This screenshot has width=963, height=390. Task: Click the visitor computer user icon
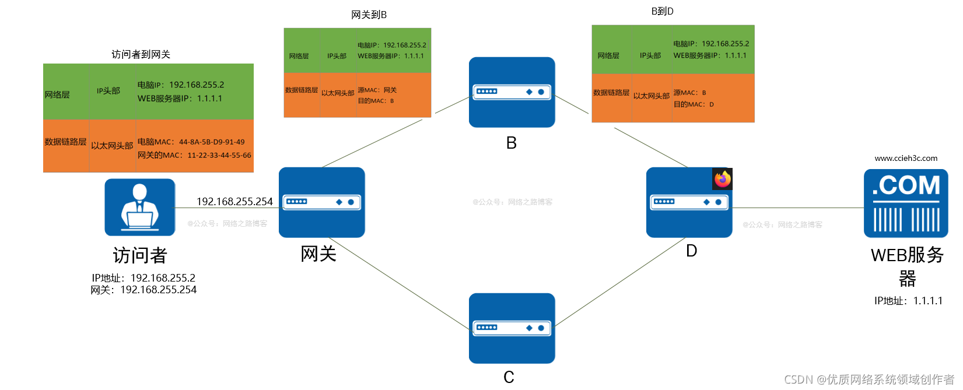point(140,207)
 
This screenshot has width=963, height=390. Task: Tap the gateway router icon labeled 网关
point(321,202)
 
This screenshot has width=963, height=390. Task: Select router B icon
point(512,92)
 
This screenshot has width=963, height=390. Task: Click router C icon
point(512,328)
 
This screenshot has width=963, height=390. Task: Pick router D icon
point(689,202)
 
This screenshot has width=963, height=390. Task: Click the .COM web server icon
point(905,203)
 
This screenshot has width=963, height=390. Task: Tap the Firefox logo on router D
point(723,179)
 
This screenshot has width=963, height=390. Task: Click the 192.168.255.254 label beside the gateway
point(234,202)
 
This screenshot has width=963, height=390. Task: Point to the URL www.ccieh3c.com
point(906,158)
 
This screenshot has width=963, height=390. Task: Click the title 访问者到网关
point(141,54)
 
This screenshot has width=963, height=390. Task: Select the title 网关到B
point(369,15)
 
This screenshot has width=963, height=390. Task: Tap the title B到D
point(662,11)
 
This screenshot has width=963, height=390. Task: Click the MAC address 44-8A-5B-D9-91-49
point(212,142)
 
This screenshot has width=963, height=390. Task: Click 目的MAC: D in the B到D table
point(694,104)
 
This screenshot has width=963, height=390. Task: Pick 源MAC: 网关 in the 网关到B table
point(377,90)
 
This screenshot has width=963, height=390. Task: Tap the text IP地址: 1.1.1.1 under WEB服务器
point(908,301)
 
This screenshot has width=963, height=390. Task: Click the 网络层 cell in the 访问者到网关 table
point(57,94)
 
